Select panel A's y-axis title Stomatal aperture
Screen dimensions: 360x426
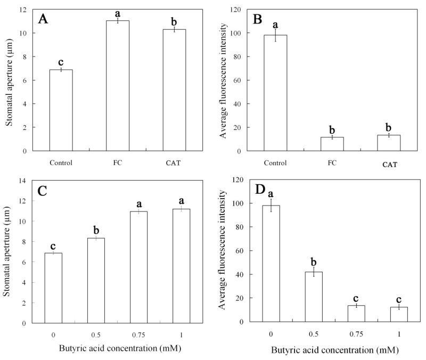(9, 80)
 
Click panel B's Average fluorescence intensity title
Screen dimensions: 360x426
(225, 80)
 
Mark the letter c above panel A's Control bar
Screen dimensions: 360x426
(61, 60)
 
